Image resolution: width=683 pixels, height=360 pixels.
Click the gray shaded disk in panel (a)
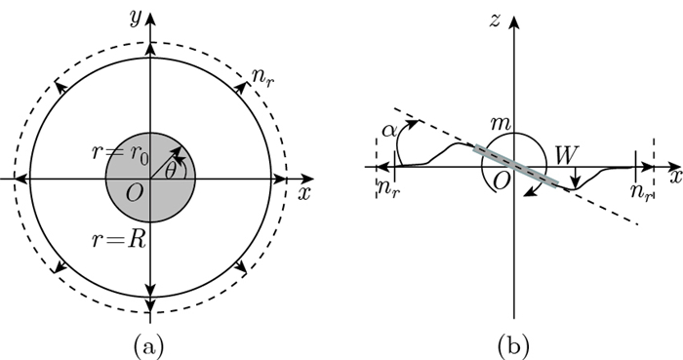[x=127, y=200]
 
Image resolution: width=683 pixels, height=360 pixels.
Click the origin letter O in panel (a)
[x=135, y=192]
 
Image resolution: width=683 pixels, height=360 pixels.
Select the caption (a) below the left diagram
[x=149, y=342]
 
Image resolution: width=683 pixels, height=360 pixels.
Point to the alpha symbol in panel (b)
[x=388, y=130]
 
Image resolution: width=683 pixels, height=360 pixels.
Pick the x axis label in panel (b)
[x=673, y=180]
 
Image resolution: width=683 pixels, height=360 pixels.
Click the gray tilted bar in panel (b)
[x=517, y=166]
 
